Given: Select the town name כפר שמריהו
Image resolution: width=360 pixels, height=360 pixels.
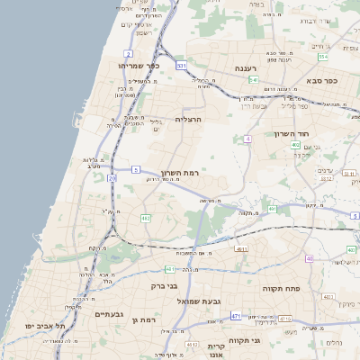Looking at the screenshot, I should click(x=138, y=66).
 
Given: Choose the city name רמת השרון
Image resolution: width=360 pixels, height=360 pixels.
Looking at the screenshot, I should click(x=179, y=172).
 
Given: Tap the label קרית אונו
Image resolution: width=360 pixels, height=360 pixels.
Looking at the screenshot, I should click(x=216, y=350).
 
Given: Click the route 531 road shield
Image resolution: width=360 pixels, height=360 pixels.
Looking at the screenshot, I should click(x=182, y=66).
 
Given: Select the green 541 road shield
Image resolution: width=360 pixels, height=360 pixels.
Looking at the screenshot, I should click(x=254, y=80).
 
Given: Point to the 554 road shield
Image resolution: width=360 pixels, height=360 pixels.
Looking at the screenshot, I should click(x=322, y=57).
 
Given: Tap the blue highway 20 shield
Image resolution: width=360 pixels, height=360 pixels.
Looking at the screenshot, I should click(x=112, y=178).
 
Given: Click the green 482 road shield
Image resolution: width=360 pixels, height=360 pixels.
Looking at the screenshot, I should click(x=146, y=218).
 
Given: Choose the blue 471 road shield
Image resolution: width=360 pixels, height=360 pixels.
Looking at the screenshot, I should click(x=235, y=316).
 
